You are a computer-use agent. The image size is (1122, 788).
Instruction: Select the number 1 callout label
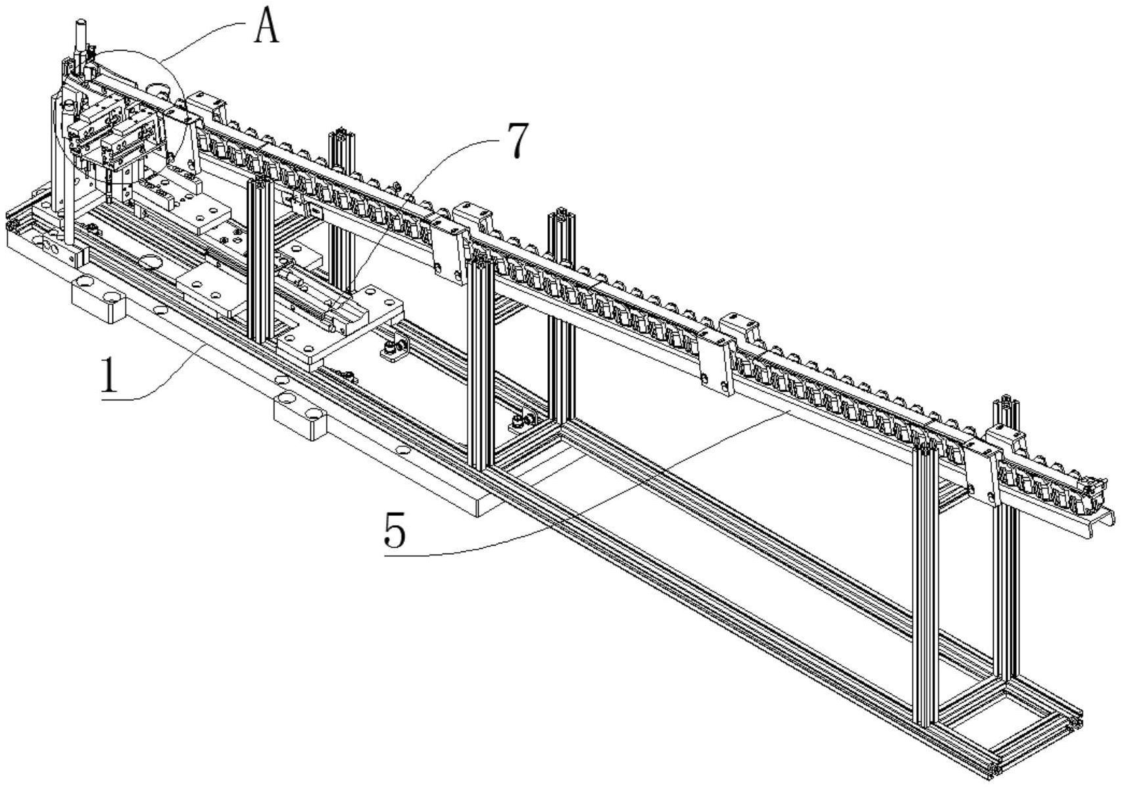[x=110, y=374]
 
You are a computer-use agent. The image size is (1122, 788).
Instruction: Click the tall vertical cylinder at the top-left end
[x=81, y=35]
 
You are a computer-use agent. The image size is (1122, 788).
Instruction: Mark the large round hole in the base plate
[x=150, y=261]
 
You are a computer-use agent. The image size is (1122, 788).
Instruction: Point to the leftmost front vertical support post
[x=260, y=260]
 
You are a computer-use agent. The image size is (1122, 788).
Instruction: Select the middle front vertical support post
[x=480, y=363]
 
